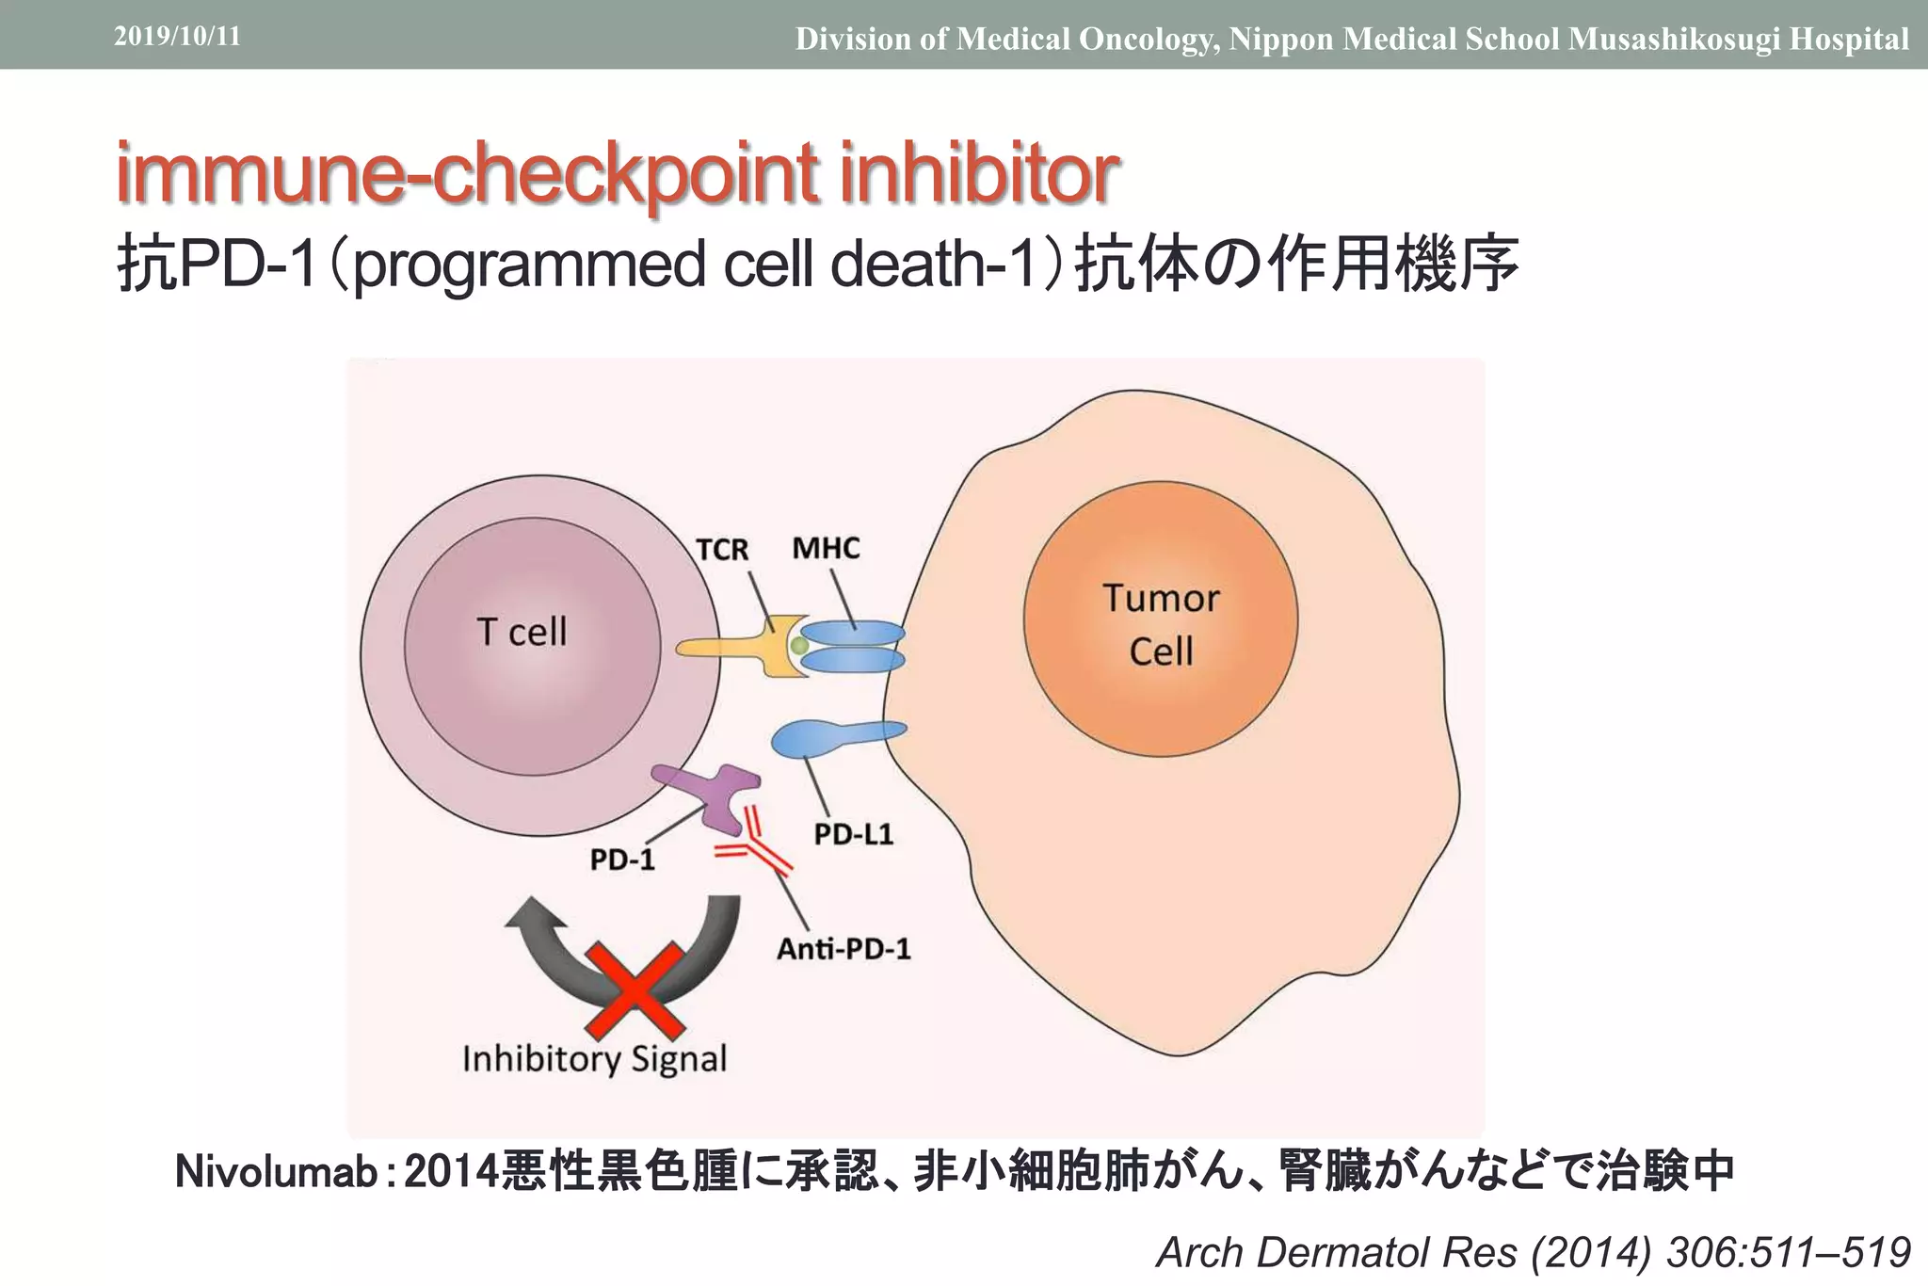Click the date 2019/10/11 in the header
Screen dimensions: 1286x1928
[177, 37]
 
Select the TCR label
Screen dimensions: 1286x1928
[722, 549]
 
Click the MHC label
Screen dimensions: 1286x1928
[826, 548]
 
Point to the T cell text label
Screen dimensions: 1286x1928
[522, 632]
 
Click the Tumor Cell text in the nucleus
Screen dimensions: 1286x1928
[1161, 624]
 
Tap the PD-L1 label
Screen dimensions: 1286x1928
[853, 834]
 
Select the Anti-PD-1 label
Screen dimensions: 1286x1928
[843, 948]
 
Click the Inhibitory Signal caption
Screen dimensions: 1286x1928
[594, 1059]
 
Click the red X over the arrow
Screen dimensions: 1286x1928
[635, 988]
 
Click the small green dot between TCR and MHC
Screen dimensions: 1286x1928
[799, 646]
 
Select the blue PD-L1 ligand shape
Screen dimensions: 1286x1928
[828, 737]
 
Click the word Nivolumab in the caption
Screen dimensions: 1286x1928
[276, 1172]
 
